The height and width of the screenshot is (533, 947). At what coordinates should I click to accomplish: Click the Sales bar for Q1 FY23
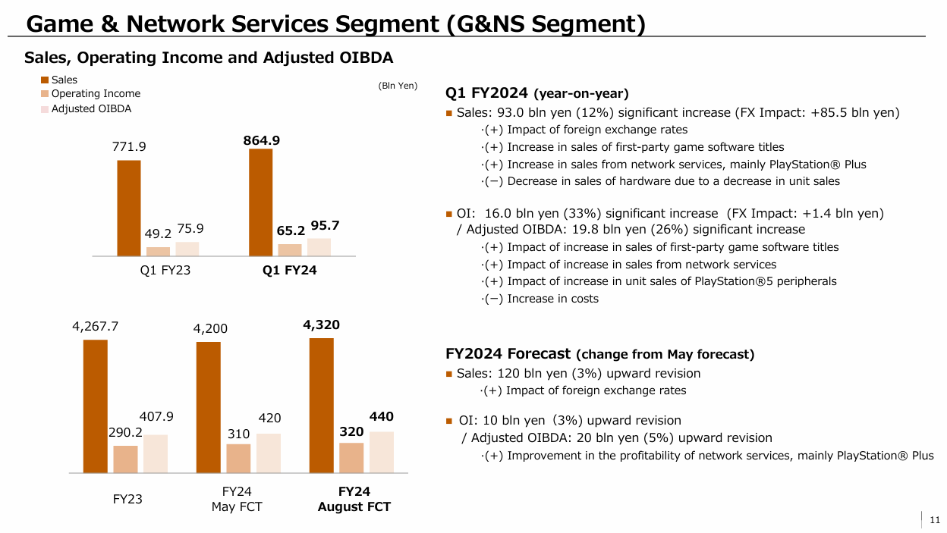128,208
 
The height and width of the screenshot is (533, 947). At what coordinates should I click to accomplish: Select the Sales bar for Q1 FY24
260,202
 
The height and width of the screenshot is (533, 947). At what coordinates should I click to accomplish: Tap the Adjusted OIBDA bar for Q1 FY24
319,247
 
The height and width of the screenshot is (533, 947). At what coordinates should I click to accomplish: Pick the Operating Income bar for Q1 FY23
158,251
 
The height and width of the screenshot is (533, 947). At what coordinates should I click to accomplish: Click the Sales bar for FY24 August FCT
321,406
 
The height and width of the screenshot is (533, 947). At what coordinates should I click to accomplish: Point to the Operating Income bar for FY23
125,459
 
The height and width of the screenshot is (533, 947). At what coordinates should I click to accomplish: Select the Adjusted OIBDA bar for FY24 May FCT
269,453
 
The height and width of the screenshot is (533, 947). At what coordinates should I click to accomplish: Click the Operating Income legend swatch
45,94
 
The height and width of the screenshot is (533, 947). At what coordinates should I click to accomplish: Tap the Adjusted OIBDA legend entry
91,108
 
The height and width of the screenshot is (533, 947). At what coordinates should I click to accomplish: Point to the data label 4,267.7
96,327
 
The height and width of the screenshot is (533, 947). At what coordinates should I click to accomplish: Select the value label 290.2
125,432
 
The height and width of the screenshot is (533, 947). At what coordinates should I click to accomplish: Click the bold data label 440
381,417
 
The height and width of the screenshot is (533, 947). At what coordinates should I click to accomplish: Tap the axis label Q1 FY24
289,271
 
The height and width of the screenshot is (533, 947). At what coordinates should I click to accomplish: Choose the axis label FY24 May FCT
237,499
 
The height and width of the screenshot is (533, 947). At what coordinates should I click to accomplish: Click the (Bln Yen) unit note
398,86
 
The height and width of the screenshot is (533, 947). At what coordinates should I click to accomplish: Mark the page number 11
935,519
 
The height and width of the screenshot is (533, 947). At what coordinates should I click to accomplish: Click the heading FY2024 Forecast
508,353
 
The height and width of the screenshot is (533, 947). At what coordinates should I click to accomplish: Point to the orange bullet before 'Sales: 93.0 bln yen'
449,114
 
